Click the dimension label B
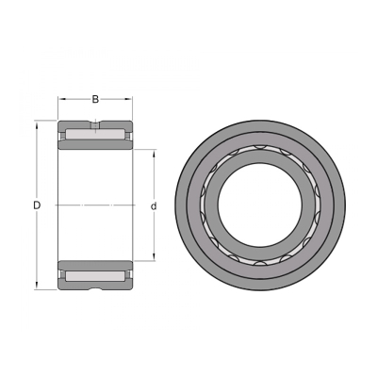pyautogui.click(x=95, y=100)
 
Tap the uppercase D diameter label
pyautogui.click(x=37, y=205)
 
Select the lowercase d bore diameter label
pyautogui.click(x=154, y=206)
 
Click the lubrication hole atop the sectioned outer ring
pyautogui.click(x=95, y=125)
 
